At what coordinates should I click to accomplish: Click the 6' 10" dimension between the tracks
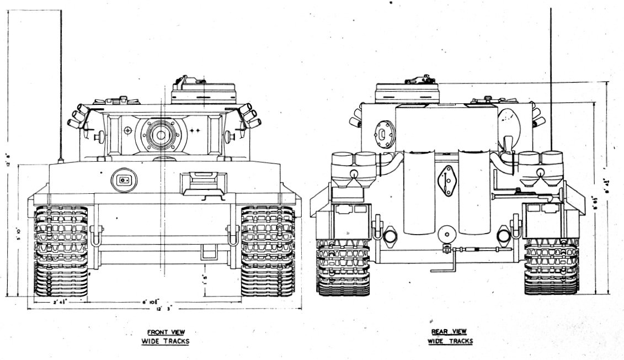click(x=150, y=301)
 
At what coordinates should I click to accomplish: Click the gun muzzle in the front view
click(x=161, y=134)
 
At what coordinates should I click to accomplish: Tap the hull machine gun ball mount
click(x=123, y=179)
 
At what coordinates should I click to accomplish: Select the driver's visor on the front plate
click(x=203, y=183)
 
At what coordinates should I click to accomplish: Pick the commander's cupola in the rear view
click(x=407, y=92)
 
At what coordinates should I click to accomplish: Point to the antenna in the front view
click(x=61, y=83)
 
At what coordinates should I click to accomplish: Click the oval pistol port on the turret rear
click(x=384, y=133)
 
